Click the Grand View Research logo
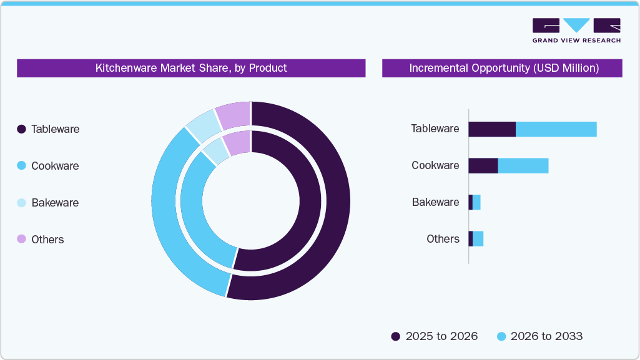pyautogui.click(x=576, y=30)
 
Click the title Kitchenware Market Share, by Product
pyautogui.click(x=191, y=68)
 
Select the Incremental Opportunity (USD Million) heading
pyautogui.click(x=503, y=68)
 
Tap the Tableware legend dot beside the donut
pyautogui.click(x=21, y=129)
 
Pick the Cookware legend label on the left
pyautogui.click(x=55, y=166)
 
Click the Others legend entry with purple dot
pyautogui.click(x=41, y=240)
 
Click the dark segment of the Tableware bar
pyautogui.click(x=491, y=129)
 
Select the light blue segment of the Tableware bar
pyautogui.click(x=556, y=129)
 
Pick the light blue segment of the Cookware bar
pyautogui.click(x=523, y=165)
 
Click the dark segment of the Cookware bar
pyautogui.click(x=483, y=165)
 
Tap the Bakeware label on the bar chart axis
pyautogui.click(x=435, y=202)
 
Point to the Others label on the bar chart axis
pyautogui.click(x=443, y=239)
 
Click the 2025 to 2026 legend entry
pyautogui.click(x=435, y=336)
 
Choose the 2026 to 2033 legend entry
pyautogui.click(x=539, y=336)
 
